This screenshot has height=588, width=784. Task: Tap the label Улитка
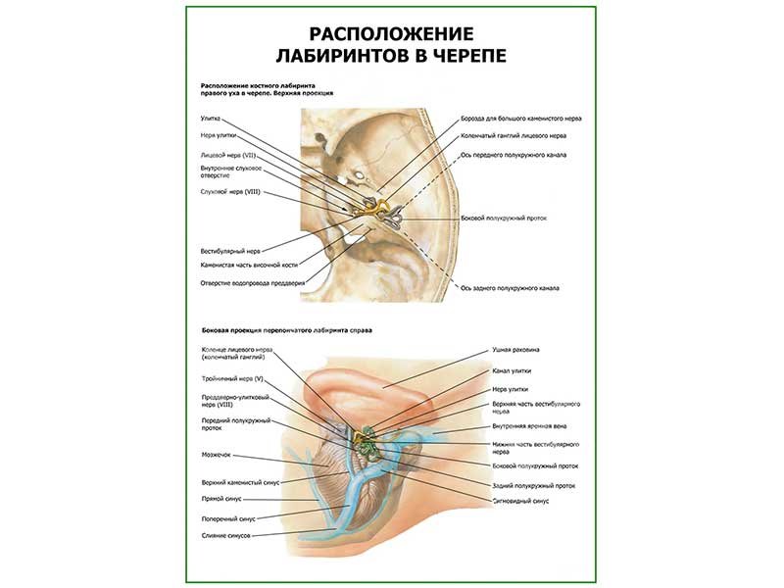(x=210, y=119)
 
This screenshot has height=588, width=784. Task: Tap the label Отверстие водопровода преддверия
(x=251, y=283)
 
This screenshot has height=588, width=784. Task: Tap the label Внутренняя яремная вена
(x=530, y=426)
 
